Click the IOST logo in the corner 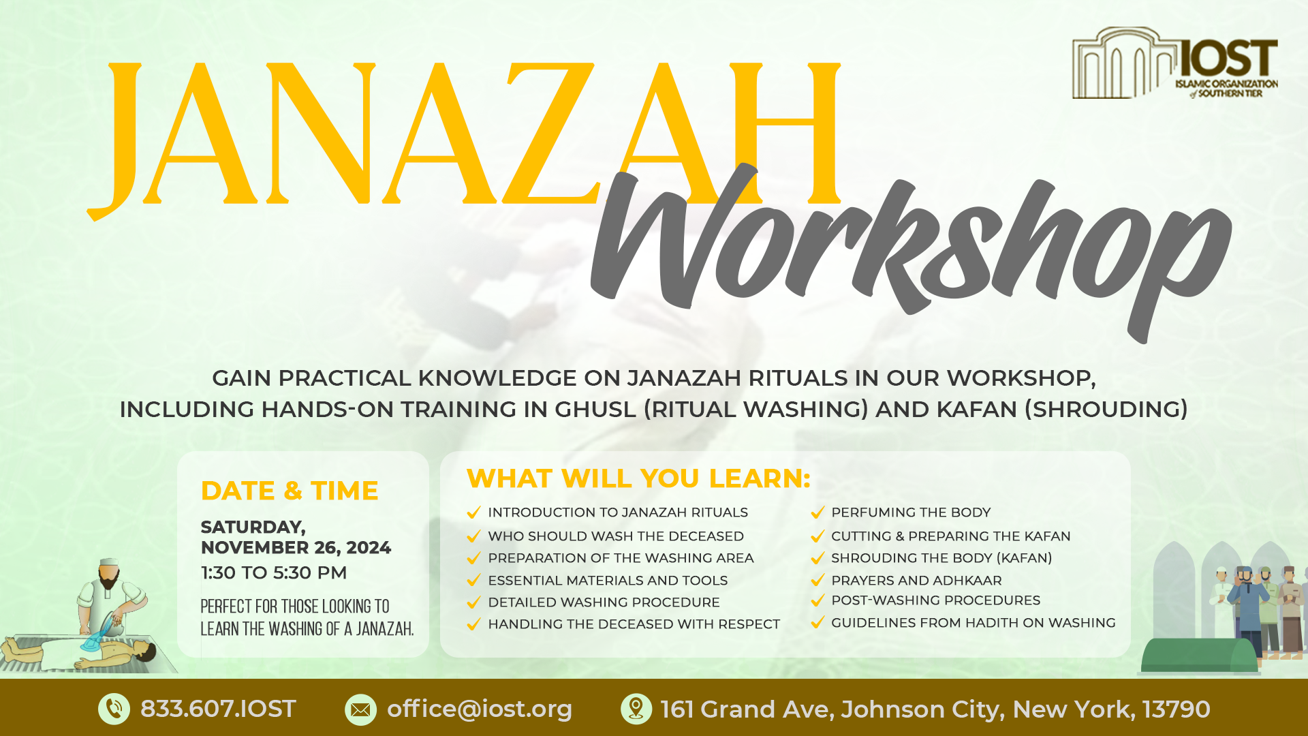click(x=1175, y=63)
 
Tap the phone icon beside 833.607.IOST click(x=114, y=709)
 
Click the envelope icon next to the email click(x=360, y=709)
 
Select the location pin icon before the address click(x=636, y=709)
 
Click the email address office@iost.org click(x=480, y=709)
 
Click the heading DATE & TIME click(x=290, y=491)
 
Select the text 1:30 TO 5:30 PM click(x=274, y=572)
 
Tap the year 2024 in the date click(x=369, y=548)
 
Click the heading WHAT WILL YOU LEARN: click(x=638, y=478)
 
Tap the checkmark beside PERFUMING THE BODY click(x=817, y=512)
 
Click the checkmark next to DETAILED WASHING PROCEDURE click(x=474, y=602)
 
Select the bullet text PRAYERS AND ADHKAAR click(x=916, y=581)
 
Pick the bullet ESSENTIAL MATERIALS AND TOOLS click(x=608, y=581)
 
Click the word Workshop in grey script click(x=911, y=252)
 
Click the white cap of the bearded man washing click(x=109, y=562)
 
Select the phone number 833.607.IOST click(x=218, y=709)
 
